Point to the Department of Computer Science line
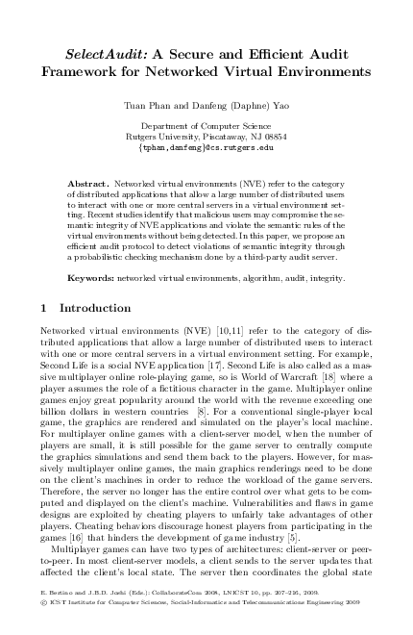click(206, 126)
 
